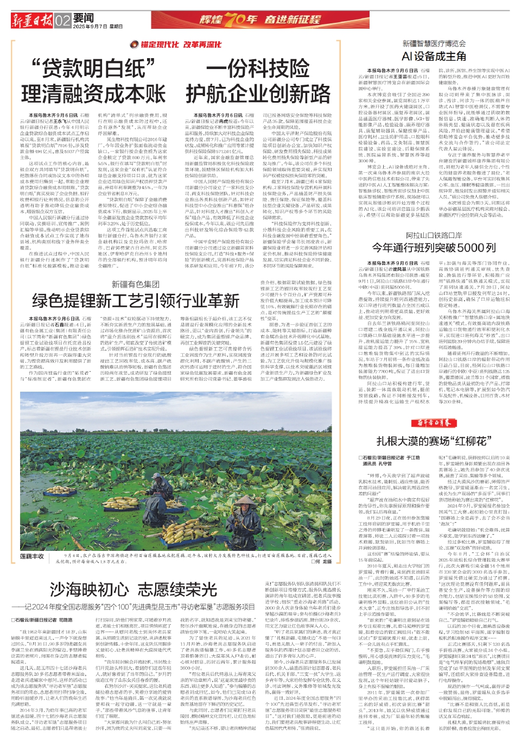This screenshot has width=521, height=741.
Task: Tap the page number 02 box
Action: point(63,21)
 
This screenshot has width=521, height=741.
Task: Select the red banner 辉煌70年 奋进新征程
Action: point(260,20)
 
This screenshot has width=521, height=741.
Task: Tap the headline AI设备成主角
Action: point(434,56)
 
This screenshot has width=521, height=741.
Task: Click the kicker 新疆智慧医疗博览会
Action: point(434,43)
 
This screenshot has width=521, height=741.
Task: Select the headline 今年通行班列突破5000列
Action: point(434,248)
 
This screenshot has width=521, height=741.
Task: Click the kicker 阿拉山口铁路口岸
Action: point(434,235)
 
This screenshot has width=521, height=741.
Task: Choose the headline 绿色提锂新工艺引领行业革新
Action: point(136,300)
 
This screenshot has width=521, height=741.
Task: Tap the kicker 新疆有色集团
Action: point(136,284)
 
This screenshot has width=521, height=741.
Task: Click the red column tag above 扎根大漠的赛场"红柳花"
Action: point(434,423)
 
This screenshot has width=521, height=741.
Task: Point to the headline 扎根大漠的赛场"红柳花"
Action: point(434,441)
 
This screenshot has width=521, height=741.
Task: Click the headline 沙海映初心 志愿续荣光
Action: point(134,589)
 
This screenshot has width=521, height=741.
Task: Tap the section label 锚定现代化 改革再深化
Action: point(176,45)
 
